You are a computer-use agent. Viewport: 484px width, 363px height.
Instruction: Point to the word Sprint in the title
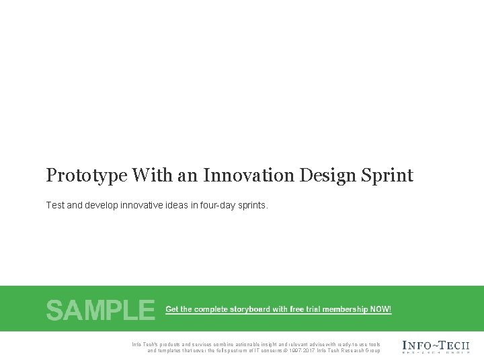click(389, 176)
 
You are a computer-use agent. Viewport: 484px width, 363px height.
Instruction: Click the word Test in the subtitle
click(55, 205)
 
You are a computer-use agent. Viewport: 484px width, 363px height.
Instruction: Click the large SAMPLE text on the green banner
click(100, 310)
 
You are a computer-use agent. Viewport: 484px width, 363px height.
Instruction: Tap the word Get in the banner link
click(172, 309)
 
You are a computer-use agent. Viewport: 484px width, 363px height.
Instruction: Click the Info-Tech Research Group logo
click(436, 346)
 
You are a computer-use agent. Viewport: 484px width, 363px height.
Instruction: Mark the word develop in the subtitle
click(102, 205)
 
